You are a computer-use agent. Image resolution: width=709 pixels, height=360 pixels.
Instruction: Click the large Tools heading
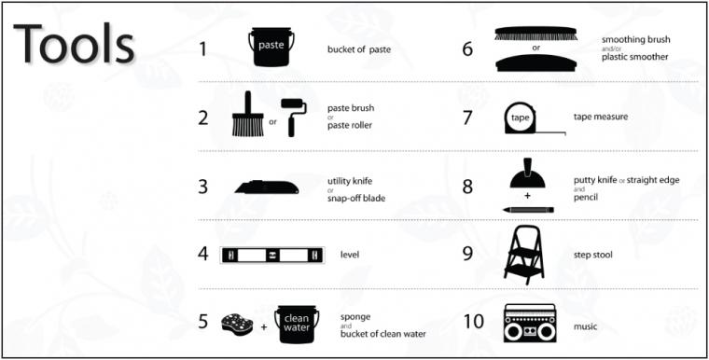coord(74,43)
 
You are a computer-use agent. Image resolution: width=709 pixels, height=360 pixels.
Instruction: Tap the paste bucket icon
coord(271,47)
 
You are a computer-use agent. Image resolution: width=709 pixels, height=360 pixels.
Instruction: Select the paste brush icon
coord(248,114)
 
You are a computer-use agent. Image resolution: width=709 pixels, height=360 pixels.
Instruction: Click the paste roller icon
coord(293,118)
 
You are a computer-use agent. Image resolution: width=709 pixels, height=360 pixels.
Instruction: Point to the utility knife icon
coord(267,187)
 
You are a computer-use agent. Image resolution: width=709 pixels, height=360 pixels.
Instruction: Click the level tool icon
coord(272,255)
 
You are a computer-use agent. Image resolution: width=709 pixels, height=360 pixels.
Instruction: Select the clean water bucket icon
coord(296,324)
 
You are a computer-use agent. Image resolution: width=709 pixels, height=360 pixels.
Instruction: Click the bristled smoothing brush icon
coord(535,34)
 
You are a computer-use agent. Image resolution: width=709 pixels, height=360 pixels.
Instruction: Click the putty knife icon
coord(528,173)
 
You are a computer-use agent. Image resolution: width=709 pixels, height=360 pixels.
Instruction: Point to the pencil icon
coord(528,210)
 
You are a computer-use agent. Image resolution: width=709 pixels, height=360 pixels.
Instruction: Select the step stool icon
coord(523,255)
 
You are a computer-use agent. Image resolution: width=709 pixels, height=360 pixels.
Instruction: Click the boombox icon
coord(530,323)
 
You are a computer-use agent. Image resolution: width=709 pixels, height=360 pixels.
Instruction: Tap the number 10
coord(474,322)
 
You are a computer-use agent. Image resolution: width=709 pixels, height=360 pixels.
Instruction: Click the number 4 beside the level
coord(203,255)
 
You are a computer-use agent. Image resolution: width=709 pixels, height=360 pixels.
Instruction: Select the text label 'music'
coord(585,326)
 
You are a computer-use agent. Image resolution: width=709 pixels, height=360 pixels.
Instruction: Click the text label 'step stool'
coord(592,255)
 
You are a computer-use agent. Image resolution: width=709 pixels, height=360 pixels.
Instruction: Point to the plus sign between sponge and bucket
coord(264,326)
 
